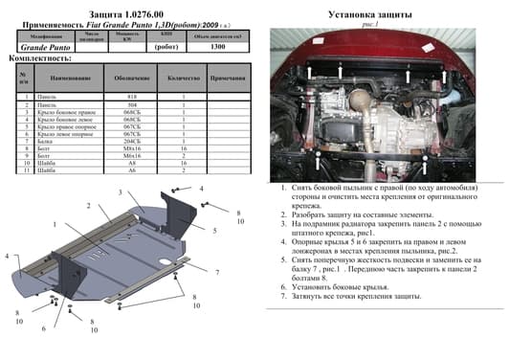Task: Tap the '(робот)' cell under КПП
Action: (167, 45)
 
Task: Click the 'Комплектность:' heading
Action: (35, 57)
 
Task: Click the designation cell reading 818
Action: (133, 98)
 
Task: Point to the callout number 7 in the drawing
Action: (217, 273)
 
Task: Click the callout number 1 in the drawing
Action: (55, 225)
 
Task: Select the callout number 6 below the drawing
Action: (44, 328)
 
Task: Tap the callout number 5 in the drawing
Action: (216, 231)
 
